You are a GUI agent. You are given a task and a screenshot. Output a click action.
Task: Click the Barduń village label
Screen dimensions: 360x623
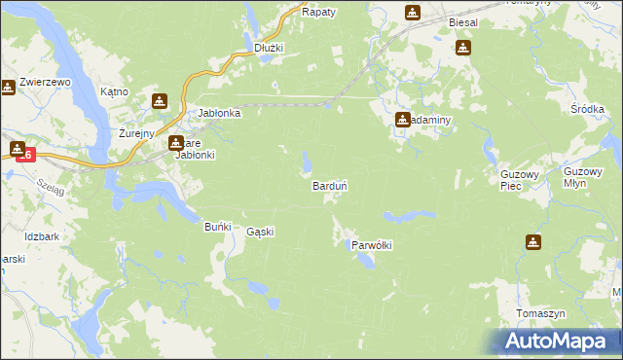[330, 185]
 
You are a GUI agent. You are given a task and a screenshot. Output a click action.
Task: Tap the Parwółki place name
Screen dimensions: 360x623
[371, 245]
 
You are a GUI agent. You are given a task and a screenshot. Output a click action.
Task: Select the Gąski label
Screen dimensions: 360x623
[260, 232]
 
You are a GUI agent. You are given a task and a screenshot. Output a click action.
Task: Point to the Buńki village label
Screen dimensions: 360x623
[216, 227]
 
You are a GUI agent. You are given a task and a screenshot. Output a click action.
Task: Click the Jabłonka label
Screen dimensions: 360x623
[219, 113]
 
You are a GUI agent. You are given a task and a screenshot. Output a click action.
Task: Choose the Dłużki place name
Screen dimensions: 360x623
[268, 47]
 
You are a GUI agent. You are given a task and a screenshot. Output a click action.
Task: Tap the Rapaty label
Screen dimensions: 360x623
[318, 12]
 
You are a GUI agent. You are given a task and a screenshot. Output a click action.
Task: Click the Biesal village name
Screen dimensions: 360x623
[464, 21]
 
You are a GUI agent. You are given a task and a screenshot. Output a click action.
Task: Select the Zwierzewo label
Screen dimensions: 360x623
[46, 83]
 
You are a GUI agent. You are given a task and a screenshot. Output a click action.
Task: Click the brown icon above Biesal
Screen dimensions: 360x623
[413, 12]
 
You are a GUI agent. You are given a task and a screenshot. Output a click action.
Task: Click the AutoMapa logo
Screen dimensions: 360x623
[558, 342]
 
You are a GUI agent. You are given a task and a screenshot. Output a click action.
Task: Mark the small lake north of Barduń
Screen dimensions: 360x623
[308, 160]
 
